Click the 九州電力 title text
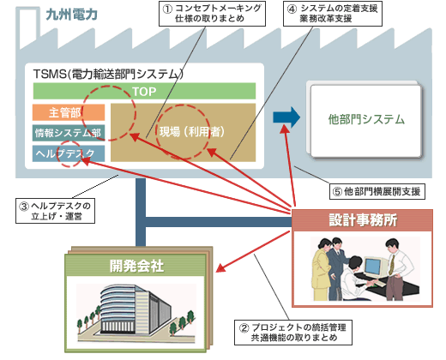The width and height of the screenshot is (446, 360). point(71,15)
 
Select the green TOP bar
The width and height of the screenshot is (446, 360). point(144,91)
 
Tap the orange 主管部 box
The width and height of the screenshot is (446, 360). point(69,112)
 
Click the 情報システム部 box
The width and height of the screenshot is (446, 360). point(69,133)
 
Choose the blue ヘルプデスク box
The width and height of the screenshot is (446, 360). point(69,153)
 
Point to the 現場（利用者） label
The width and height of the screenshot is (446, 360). point(192,132)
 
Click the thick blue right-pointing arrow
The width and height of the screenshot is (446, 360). point(286,117)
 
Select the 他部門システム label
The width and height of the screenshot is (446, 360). point(366,119)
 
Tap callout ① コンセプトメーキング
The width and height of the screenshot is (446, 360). point(212,14)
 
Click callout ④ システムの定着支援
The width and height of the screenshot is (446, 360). point(333,14)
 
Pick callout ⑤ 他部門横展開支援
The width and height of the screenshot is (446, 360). point(377,191)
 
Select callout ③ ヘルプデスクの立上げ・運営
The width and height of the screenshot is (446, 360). point(55,211)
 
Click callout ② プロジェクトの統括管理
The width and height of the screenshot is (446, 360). point(293,333)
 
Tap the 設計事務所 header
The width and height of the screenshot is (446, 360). point(363,220)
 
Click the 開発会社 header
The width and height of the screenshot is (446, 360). point(136,266)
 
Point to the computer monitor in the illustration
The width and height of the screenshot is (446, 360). point(373,267)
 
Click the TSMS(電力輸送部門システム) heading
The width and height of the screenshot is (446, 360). point(108,74)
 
